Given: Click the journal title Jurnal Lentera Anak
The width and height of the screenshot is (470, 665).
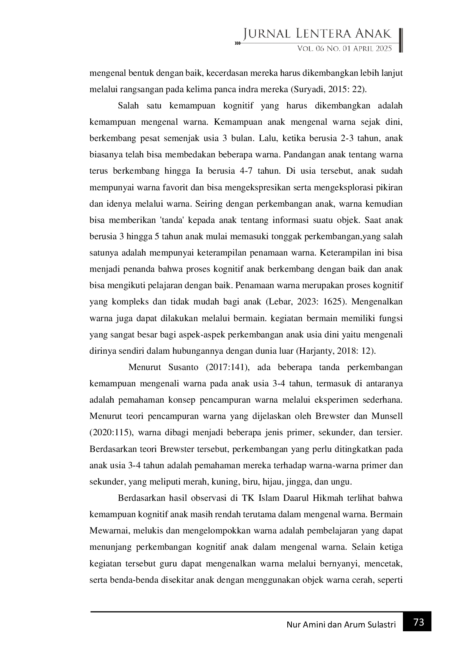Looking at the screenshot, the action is pos(317,34).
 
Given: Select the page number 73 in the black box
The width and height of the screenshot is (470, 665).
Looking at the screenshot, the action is pos(418,622).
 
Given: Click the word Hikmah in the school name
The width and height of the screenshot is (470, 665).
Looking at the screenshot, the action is pos(327,498).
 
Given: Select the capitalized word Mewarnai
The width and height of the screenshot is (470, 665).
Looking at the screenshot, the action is pos(108,530).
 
